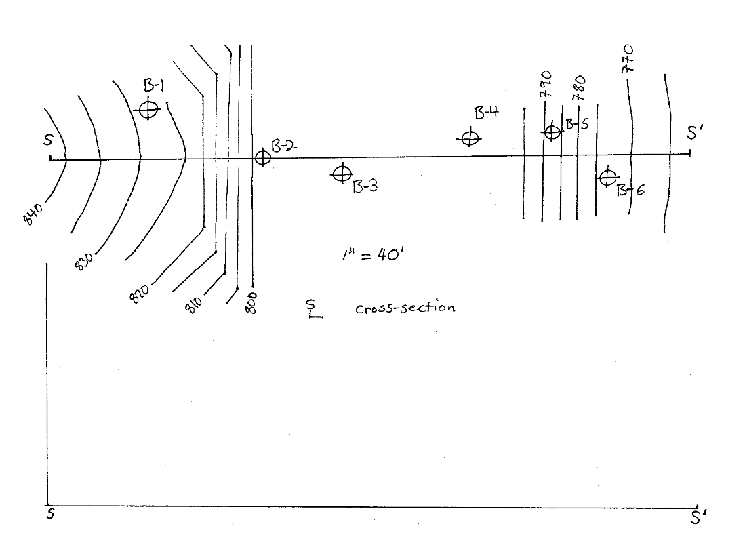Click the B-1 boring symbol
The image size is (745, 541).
click(x=148, y=109)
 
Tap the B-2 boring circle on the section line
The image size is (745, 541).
click(x=263, y=157)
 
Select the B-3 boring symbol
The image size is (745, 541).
click(x=342, y=174)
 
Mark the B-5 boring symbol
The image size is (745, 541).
click(x=552, y=132)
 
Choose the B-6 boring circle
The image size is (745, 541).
click(x=607, y=178)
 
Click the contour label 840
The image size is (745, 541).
click(x=33, y=214)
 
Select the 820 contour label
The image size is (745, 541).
click(x=139, y=294)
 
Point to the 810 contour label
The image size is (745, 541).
click(x=193, y=304)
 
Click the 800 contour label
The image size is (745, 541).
click(x=251, y=302)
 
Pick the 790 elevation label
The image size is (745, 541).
click(x=546, y=84)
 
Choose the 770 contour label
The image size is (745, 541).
click(x=627, y=58)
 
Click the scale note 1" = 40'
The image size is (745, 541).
click(x=373, y=255)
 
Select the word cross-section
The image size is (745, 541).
click(x=405, y=308)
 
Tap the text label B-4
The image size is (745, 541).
click(x=486, y=113)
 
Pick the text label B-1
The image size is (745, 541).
click(x=154, y=85)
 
